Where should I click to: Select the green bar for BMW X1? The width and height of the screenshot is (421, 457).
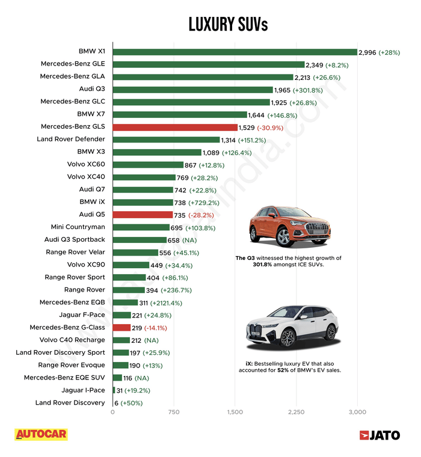click(x=235, y=52)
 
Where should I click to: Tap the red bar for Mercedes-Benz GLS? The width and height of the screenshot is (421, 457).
click(x=175, y=127)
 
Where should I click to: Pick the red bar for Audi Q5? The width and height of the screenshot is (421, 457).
click(x=142, y=215)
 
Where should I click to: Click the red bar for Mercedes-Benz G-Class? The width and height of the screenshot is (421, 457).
click(x=121, y=328)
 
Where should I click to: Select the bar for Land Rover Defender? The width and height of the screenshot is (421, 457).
click(x=166, y=140)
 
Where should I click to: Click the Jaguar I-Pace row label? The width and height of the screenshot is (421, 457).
click(x=83, y=390)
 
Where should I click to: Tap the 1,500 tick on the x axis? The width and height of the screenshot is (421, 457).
click(x=235, y=412)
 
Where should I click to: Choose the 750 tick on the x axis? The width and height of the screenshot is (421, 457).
click(x=174, y=412)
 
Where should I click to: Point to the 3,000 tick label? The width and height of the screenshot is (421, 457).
click(x=357, y=412)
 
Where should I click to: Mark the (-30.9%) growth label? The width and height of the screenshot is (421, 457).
click(x=274, y=127)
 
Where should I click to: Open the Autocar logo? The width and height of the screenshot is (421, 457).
click(x=41, y=435)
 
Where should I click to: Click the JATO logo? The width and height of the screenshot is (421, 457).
click(x=381, y=435)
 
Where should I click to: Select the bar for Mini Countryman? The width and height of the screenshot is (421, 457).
click(x=141, y=227)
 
